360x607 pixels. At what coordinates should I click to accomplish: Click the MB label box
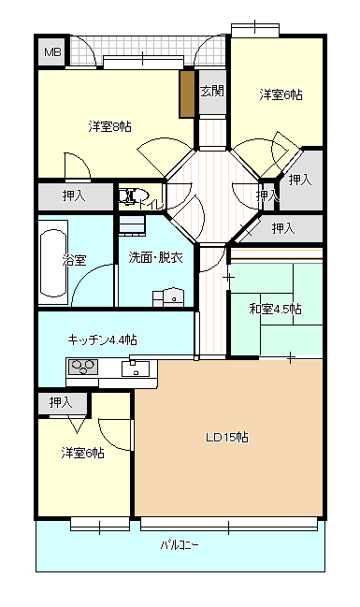coord(53,51)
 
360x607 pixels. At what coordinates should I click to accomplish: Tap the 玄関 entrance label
coord(212,91)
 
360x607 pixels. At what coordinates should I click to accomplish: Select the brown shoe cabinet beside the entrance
coord(187,94)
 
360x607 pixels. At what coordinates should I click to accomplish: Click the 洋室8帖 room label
coord(110,126)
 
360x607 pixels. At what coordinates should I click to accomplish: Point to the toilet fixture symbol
coord(132,195)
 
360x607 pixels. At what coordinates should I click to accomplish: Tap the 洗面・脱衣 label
coord(155,257)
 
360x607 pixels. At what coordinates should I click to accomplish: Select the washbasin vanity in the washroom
coord(168,297)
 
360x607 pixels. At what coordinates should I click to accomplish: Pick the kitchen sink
coord(136,369)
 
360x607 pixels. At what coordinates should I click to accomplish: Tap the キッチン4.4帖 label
coord(102,340)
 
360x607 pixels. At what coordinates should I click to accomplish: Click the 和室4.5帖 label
coord(276,309)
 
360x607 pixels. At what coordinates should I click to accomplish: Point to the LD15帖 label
coord(227,437)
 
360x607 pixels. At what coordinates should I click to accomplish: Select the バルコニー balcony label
coord(180,546)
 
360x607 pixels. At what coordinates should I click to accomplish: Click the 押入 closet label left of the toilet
coord(74,195)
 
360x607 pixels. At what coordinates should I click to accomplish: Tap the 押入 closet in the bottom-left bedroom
coord(61,402)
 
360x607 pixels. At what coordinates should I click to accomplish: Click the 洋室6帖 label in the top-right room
coord(281,94)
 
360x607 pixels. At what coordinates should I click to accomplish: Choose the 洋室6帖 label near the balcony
coord(82,453)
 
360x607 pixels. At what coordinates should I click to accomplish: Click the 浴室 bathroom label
coord(74,260)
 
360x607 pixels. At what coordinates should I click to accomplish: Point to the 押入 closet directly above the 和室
coord(283,228)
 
